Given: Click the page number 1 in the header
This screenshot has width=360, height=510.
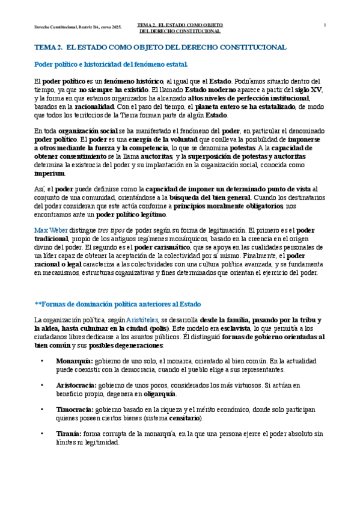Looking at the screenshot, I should click(325, 25).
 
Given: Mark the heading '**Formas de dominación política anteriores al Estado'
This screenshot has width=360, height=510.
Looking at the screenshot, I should click(118, 304).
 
